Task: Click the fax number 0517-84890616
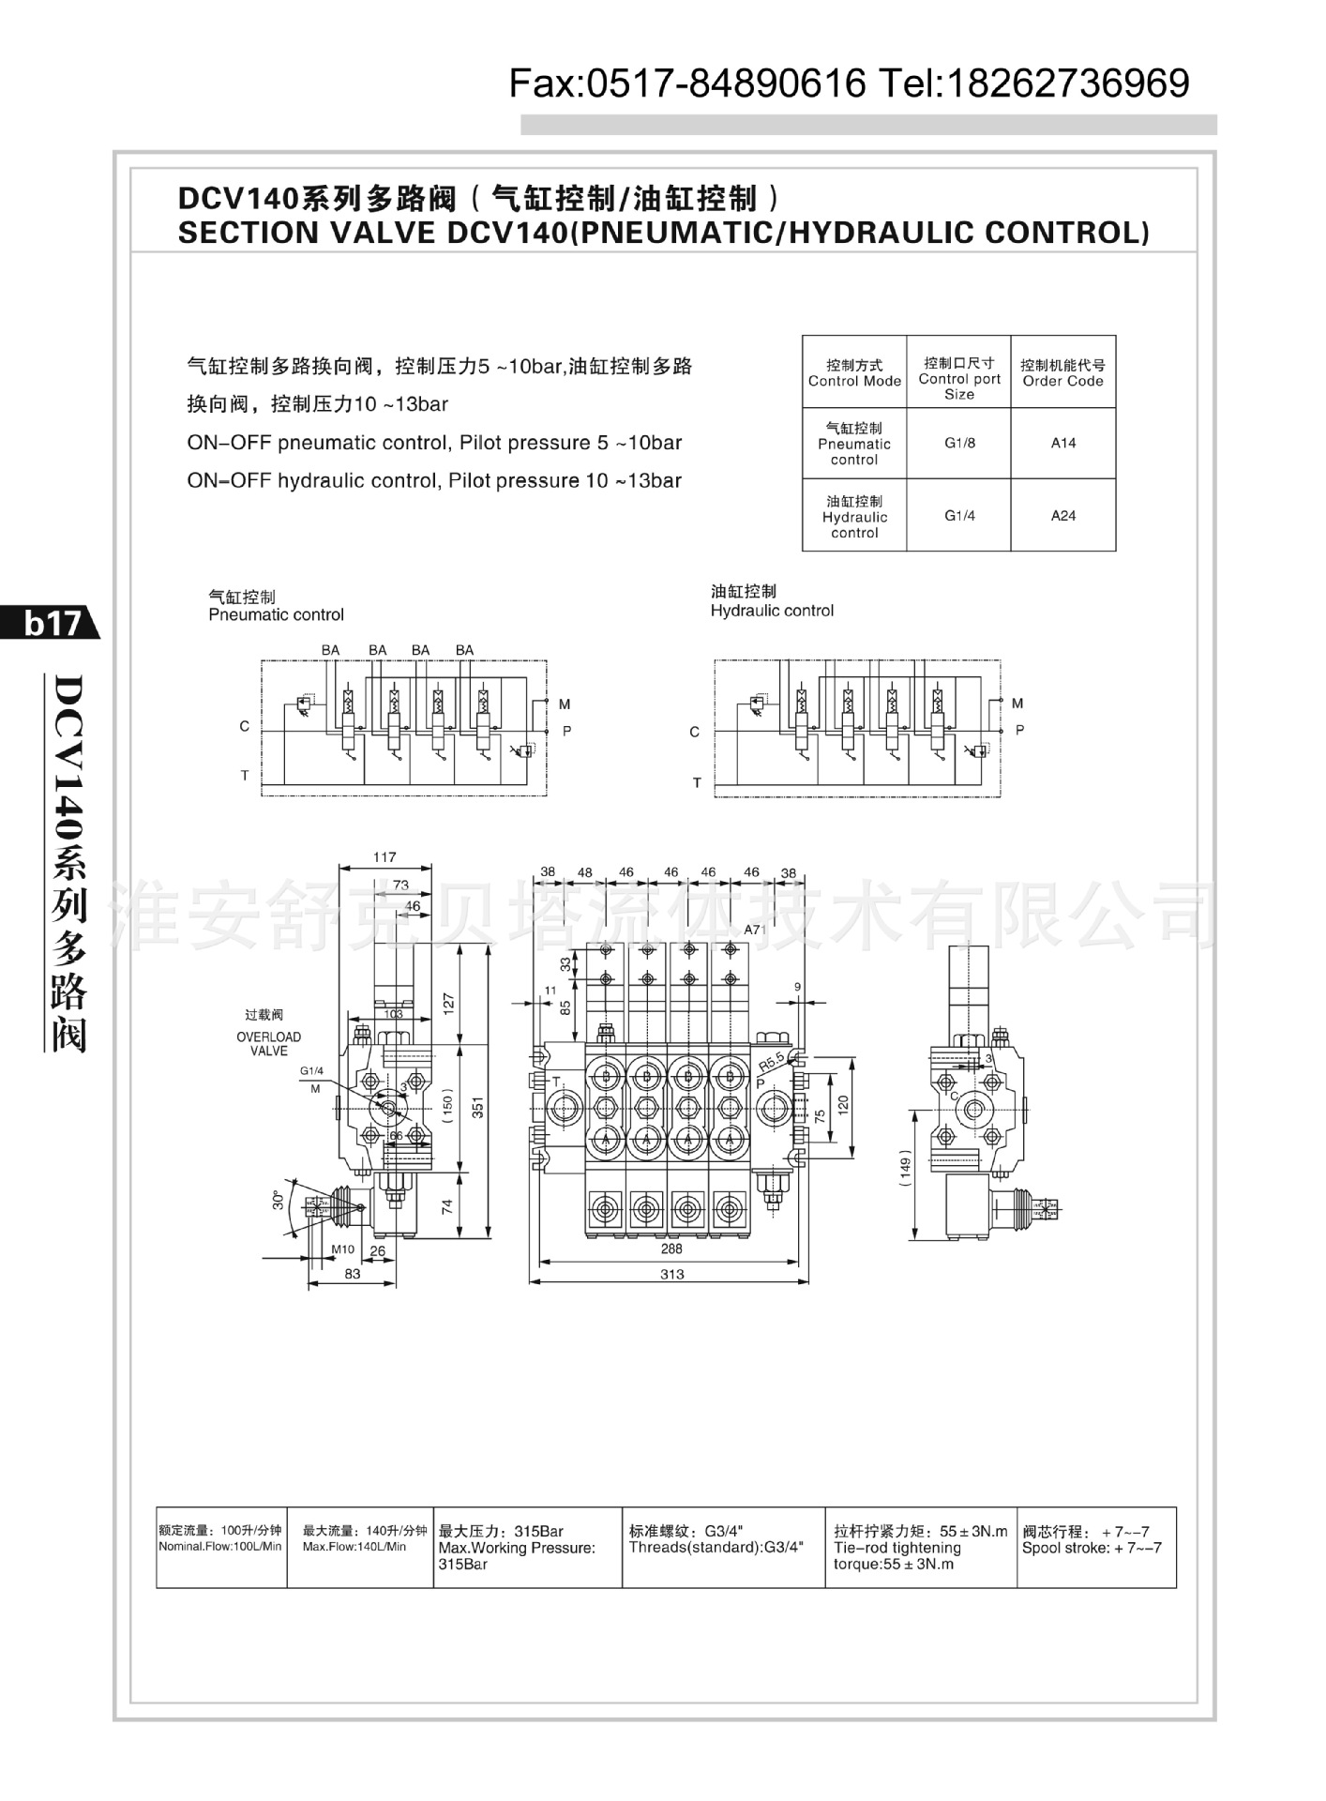[726, 84]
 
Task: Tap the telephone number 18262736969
[1070, 84]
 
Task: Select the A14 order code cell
[1062, 443]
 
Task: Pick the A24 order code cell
[1062, 515]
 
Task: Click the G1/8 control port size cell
[958, 443]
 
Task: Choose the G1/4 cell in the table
[958, 515]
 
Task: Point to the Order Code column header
[1062, 372]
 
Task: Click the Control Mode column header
[854, 372]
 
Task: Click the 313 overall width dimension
[671, 1275]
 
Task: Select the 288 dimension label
[671, 1249]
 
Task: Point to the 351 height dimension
[477, 1108]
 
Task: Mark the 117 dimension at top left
[384, 856]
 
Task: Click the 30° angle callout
[279, 1200]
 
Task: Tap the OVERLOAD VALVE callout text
[269, 1043]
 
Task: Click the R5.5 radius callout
[771, 1062]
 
